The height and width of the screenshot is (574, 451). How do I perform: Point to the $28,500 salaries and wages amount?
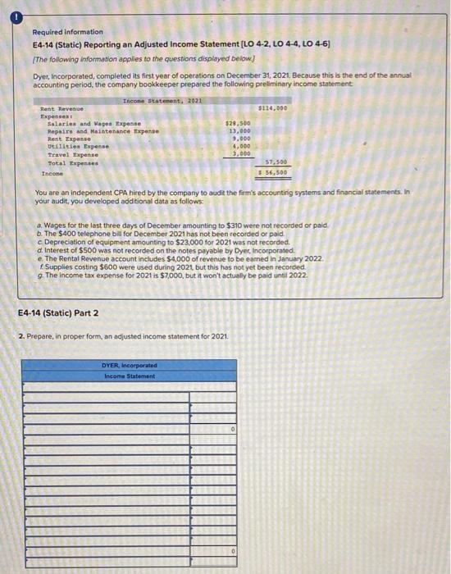238,123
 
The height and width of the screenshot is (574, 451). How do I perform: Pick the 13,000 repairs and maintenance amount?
239,130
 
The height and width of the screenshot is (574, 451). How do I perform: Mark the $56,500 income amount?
273,172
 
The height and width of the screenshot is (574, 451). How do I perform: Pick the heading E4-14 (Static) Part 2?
58,312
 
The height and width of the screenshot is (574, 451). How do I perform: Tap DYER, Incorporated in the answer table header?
130,366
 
